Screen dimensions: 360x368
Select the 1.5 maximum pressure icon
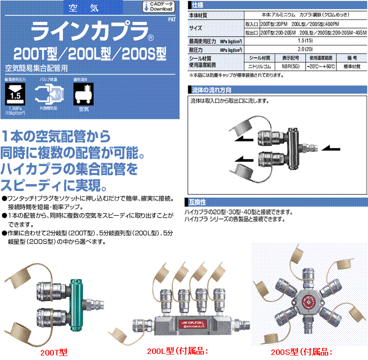click(x=15, y=94)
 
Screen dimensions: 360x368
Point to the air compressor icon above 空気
click(x=84, y=93)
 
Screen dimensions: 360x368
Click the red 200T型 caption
click(x=54, y=352)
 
